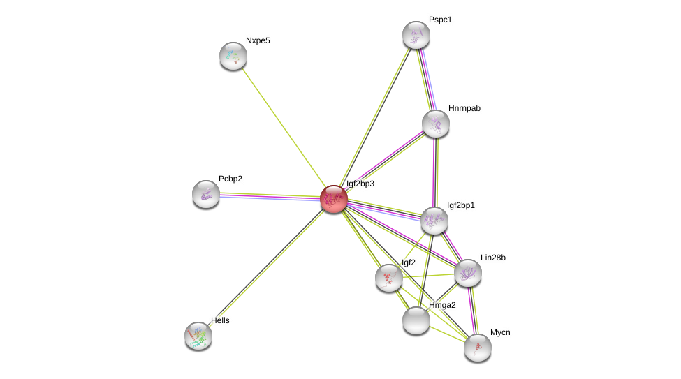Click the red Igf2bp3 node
pyautogui.click(x=334, y=198)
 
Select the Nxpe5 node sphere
pyautogui.click(x=233, y=56)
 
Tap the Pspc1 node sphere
pyautogui.click(x=416, y=35)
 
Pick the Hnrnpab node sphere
pyautogui.click(x=436, y=124)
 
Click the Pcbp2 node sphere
pyautogui.click(x=206, y=194)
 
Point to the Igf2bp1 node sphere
pyautogui.click(x=434, y=221)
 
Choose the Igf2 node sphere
pyautogui.click(x=389, y=278)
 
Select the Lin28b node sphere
pyautogui.click(x=468, y=273)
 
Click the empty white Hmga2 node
pyautogui.click(x=416, y=320)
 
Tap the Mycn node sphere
pyautogui.click(x=478, y=348)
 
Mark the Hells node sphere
pyautogui.click(x=198, y=336)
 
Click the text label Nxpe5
pyautogui.click(x=258, y=40)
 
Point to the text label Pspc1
pyautogui.click(x=441, y=20)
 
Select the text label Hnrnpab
pyautogui.click(x=464, y=108)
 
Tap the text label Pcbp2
pyautogui.click(x=230, y=179)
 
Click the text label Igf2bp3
pyautogui.click(x=360, y=184)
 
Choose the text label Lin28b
pyautogui.click(x=493, y=258)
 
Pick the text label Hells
pyautogui.click(x=220, y=320)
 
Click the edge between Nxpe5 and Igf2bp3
pyautogui.click(x=284, y=127)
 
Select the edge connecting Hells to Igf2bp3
pyautogui.click(x=266, y=267)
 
